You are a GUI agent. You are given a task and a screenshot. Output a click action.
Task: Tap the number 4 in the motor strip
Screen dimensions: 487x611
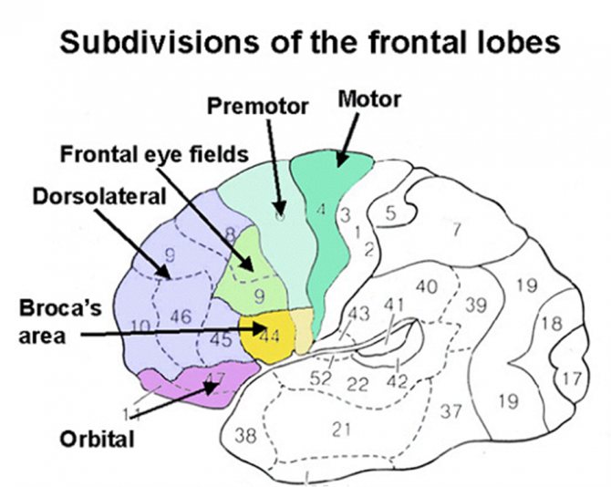pos(321,211)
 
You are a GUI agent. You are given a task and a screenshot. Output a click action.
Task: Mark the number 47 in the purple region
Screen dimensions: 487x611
pos(214,377)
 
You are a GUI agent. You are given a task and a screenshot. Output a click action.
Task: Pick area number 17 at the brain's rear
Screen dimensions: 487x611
pos(571,377)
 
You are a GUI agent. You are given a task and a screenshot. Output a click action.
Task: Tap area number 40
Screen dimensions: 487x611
pos(427,287)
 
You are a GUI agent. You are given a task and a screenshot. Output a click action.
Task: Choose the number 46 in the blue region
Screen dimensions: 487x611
pos(181,317)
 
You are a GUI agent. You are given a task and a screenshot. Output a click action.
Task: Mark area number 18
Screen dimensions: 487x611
pos(551,324)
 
